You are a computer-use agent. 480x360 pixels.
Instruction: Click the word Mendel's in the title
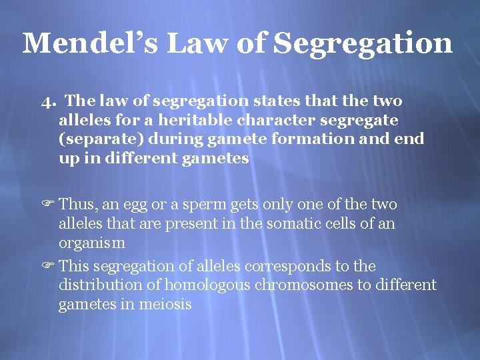pyautogui.click(x=89, y=43)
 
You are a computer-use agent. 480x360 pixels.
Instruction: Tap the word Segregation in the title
pyautogui.click(x=363, y=43)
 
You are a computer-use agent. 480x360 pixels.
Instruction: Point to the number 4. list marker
pyautogui.click(x=47, y=101)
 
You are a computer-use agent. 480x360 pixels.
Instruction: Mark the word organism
pyautogui.click(x=91, y=243)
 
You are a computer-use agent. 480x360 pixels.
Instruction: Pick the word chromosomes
pyautogui.click(x=318, y=285)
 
